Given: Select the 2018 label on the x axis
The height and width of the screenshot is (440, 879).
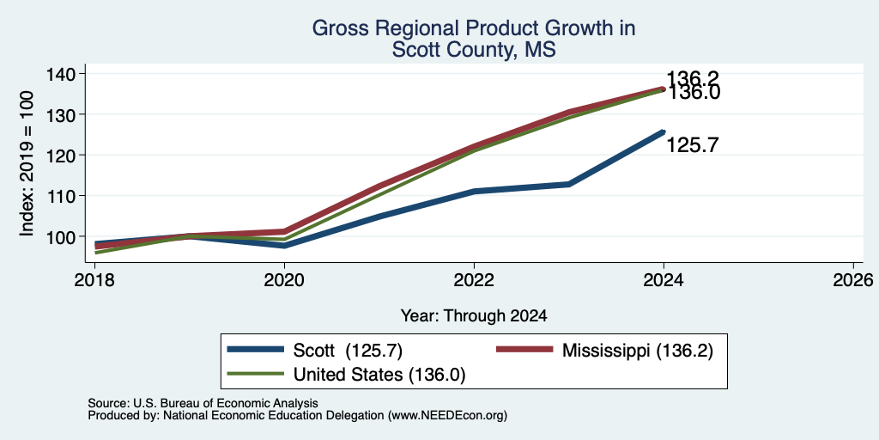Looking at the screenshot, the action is pos(94,279).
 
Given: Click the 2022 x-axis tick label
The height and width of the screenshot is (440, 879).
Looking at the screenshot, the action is pos(474,279).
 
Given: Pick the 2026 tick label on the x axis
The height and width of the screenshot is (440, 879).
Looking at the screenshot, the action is pos(853,279).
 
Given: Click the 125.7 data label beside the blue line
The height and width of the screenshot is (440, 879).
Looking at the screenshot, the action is pos(693,146).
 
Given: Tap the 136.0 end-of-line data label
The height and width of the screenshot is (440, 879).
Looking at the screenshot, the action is pos(694,93).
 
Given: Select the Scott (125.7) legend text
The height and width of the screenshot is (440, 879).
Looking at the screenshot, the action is pos(348,351).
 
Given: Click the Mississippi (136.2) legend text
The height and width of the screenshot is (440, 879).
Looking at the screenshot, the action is pos(638,351).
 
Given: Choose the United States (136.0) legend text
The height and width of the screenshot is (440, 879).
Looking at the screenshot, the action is pos(379,375).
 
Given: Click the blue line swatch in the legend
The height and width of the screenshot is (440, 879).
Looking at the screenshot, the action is pos(256,350).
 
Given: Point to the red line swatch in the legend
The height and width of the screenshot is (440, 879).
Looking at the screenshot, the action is pos(524,350).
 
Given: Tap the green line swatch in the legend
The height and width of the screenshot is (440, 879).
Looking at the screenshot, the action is pos(256,374).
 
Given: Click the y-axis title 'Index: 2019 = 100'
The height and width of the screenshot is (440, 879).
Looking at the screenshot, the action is pos(27,163).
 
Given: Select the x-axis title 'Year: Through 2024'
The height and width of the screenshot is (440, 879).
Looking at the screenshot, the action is pos(474,316).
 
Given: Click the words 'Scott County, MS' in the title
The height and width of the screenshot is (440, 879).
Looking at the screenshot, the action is pos(474,49).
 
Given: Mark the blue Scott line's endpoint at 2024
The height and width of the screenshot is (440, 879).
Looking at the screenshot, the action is pos(664,131).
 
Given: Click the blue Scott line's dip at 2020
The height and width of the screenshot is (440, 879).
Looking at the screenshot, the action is pos(284,246).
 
